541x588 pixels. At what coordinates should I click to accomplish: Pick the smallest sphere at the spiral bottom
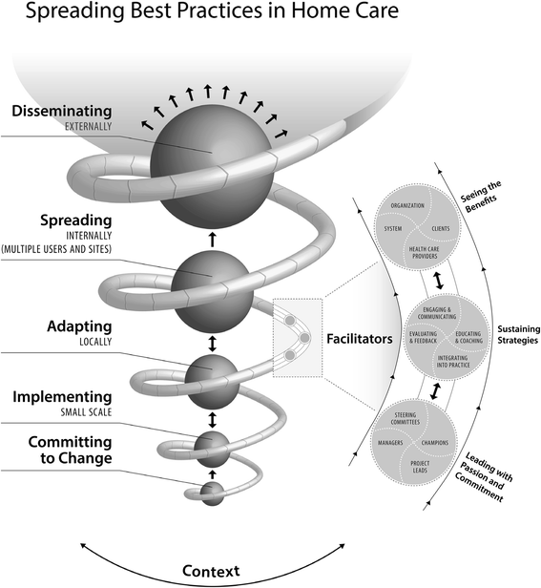click(212, 493)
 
